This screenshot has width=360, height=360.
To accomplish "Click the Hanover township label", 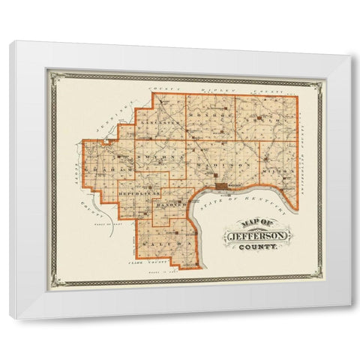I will point(174,202).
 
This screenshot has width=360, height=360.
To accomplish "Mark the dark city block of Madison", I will point(222,185).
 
